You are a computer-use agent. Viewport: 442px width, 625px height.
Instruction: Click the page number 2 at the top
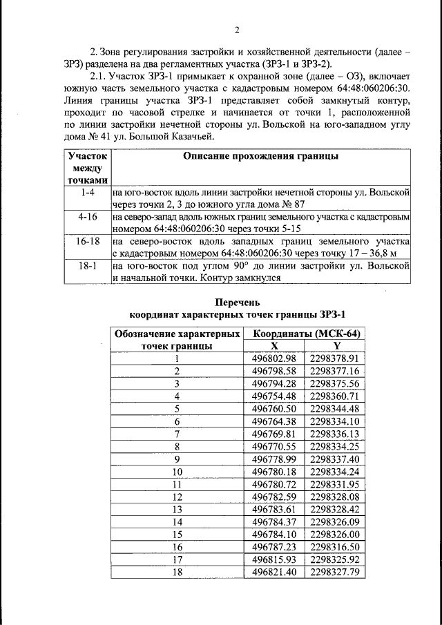tap(236, 30)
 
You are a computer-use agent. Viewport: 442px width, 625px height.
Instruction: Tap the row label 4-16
tap(87, 217)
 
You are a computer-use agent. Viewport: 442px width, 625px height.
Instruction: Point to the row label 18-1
tap(87, 265)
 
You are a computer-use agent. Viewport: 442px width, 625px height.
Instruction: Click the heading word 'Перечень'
tap(236, 302)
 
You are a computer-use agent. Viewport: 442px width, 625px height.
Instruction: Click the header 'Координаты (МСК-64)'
tap(305, 334)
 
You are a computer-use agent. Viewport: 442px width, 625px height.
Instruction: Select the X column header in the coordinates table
tap(274, 346)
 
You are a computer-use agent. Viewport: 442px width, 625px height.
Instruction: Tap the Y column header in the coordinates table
tap(336, 346)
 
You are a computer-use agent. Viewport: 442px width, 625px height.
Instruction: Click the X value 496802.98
tap(274, 358)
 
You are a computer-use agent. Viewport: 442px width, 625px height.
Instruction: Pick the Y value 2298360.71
tap(336, 396)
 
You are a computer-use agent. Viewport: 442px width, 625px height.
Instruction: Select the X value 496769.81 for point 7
tap(274, 434)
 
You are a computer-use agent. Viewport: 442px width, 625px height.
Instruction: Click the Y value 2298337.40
tap(336, 459)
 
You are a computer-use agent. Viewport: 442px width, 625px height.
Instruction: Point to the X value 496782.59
tap(274, 497)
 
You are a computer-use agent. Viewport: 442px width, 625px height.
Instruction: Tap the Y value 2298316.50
tap(336, 546)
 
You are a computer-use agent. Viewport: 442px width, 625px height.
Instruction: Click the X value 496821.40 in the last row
tap(274, 572)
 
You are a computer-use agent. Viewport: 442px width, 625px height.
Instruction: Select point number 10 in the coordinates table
tap(177, 472)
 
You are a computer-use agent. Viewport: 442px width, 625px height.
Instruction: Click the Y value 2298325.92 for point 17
tap(336, 559)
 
